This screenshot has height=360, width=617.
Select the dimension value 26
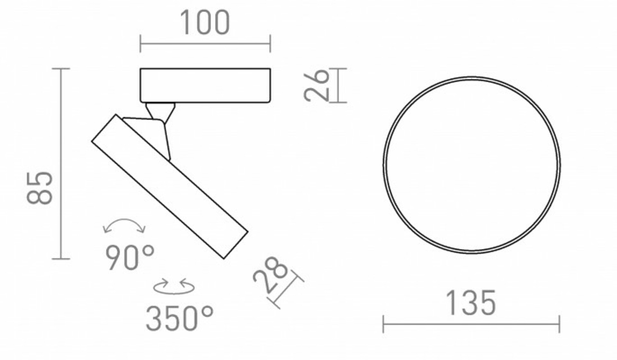317,85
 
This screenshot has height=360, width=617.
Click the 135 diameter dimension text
471,303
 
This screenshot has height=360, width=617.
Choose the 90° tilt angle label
130,258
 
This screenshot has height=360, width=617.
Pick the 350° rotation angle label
179,319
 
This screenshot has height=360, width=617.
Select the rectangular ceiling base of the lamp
205,85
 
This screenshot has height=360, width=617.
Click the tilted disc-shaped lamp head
170,186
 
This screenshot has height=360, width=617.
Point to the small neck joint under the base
160,111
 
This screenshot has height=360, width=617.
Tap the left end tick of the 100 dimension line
140,44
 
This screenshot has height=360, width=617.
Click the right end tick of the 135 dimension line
559,324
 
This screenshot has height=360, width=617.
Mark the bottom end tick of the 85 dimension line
61,259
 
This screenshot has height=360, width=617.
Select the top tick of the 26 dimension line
338,68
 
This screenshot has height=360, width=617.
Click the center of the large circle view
471,165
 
